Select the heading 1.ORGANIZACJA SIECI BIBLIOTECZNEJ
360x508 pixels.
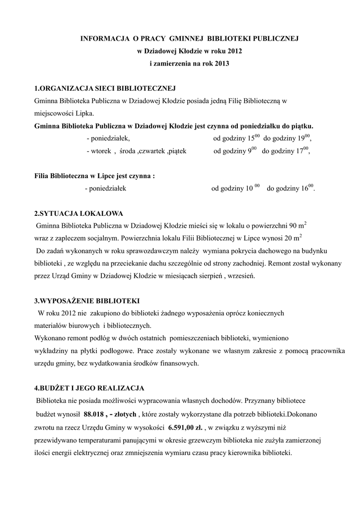[x=105, y=89]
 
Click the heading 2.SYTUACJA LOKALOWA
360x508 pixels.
[x=78, y=214]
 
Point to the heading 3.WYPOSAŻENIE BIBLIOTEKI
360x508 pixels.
[x=87, y=301]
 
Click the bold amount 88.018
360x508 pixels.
[x=95, y=414]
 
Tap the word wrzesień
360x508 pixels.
[x=240, y=276]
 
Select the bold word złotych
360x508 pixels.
[x=124, y=414]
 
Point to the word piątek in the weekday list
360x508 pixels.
[x=177, y=151]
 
